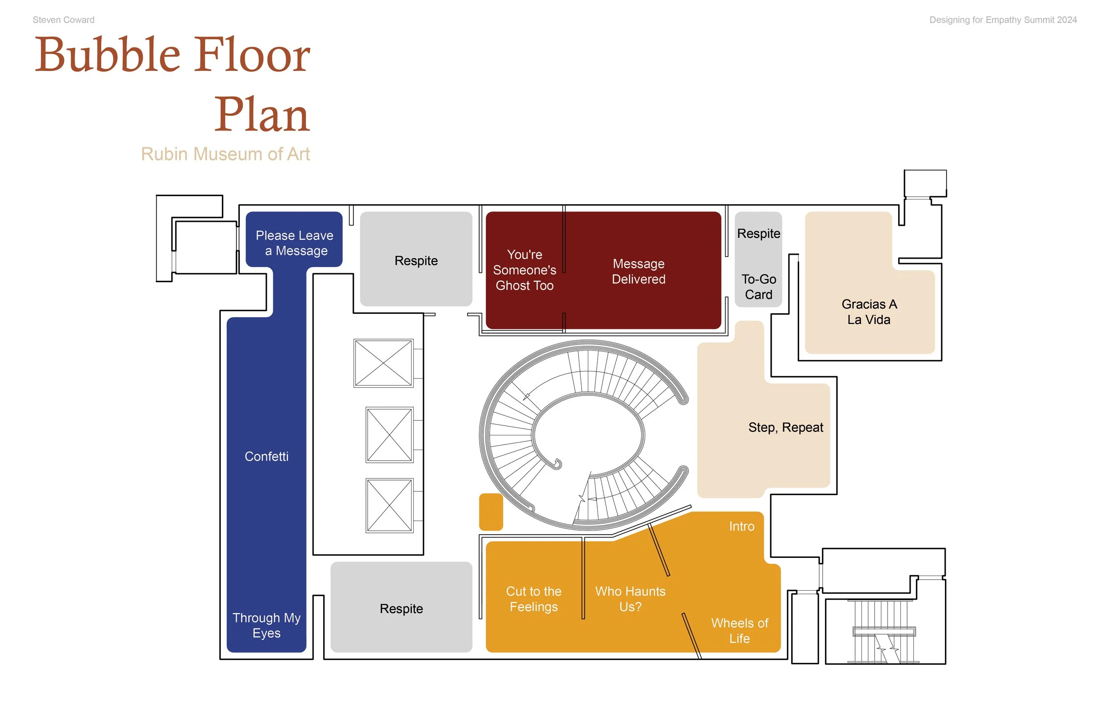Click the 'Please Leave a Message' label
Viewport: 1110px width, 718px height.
294,243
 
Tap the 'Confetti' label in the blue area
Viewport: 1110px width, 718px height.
266,457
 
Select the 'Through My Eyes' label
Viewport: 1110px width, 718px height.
266,625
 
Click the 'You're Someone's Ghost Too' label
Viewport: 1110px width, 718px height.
524,270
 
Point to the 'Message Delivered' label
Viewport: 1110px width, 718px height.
638,271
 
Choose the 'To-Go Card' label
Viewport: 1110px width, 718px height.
758,287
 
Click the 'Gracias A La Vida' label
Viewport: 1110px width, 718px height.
869,312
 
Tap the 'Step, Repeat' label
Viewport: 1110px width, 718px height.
785,427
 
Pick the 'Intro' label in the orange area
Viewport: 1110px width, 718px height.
741,526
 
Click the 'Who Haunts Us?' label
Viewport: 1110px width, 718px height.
630,599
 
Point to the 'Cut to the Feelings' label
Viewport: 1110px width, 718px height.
534,599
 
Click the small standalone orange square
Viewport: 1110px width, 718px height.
491,512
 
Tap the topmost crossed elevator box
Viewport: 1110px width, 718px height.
383,363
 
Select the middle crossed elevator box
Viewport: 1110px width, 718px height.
389,434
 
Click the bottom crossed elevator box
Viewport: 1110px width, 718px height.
389,505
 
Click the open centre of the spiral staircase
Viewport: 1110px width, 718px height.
588,434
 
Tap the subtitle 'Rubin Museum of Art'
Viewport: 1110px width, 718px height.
225,154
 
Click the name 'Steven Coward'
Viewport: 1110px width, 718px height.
63,20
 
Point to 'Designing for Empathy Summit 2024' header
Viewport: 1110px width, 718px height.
1003,20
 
